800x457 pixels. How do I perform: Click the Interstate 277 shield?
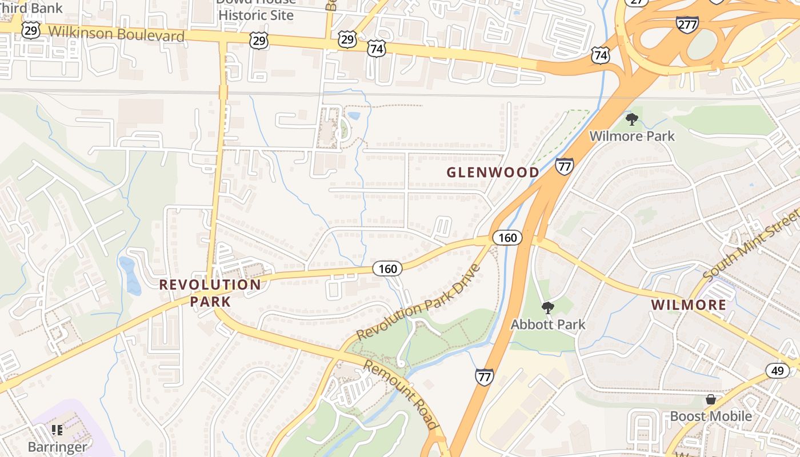686,24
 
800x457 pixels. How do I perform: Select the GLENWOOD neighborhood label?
493,172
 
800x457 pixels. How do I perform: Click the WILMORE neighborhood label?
689,304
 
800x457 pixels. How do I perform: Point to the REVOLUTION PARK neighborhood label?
210,292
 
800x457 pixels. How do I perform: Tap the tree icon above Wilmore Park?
631,119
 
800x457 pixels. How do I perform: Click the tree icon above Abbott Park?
547,308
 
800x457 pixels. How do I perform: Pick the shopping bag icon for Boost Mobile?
710,399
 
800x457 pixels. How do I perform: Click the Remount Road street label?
401,394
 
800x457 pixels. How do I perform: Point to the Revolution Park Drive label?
418,302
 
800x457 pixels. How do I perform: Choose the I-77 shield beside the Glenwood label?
564,167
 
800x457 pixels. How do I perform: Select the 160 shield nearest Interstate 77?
507,238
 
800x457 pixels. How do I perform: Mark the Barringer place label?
57,447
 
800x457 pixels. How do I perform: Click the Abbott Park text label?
548,324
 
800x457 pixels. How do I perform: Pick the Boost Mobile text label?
711,416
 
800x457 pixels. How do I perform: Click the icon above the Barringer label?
57,430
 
